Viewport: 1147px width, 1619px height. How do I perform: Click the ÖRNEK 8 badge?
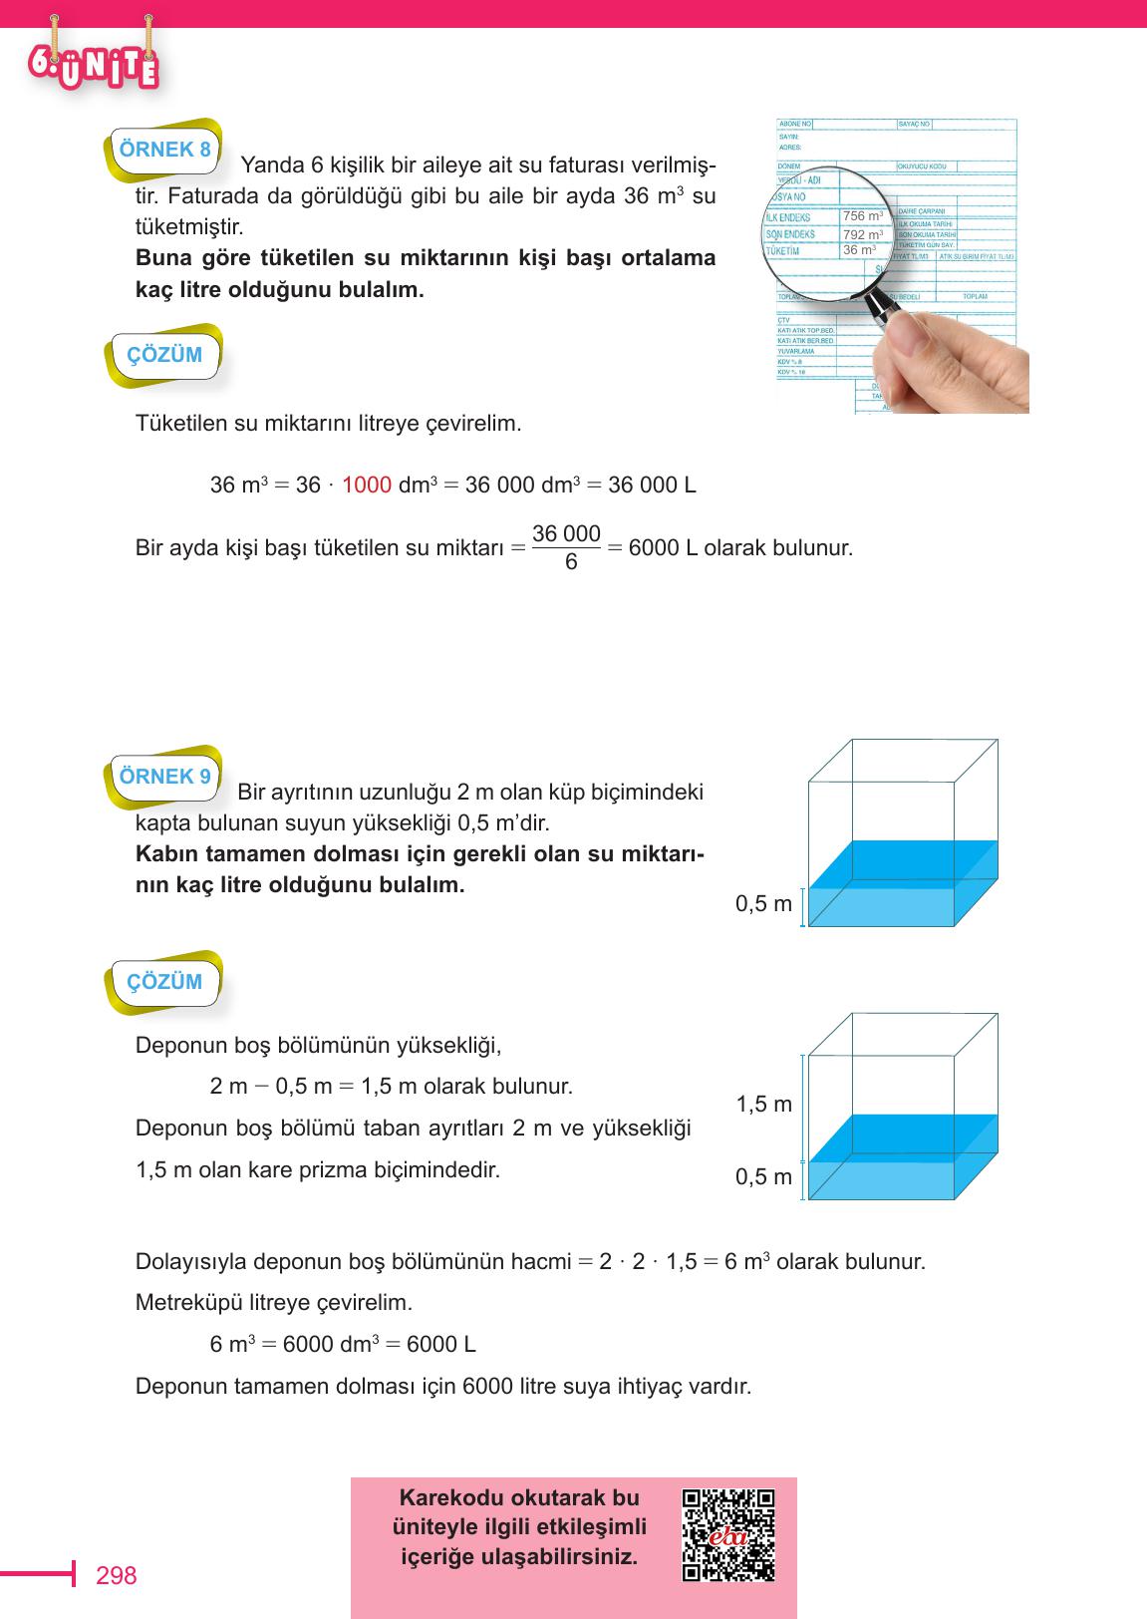(164, 151)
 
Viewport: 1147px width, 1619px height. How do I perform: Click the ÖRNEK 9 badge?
(164, 777)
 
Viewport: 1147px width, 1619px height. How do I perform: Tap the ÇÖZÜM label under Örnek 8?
(164, 355)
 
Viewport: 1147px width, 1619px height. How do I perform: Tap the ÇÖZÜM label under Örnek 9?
(164, 982)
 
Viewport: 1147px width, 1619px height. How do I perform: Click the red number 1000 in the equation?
(366, 486)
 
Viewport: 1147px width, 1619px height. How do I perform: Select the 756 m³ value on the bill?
(862, 216)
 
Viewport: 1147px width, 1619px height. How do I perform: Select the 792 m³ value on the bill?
(862, 234)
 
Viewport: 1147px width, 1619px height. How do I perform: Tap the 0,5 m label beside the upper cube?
(763, 904)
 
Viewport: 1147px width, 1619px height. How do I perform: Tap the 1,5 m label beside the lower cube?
(763, 1104)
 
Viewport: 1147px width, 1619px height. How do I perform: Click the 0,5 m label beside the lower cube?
(763, 1176)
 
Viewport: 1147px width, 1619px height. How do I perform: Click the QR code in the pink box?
(728, 1535)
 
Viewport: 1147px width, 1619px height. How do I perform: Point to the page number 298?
(116, 1575)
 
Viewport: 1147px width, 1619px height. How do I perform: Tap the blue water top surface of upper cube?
(902, 863)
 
